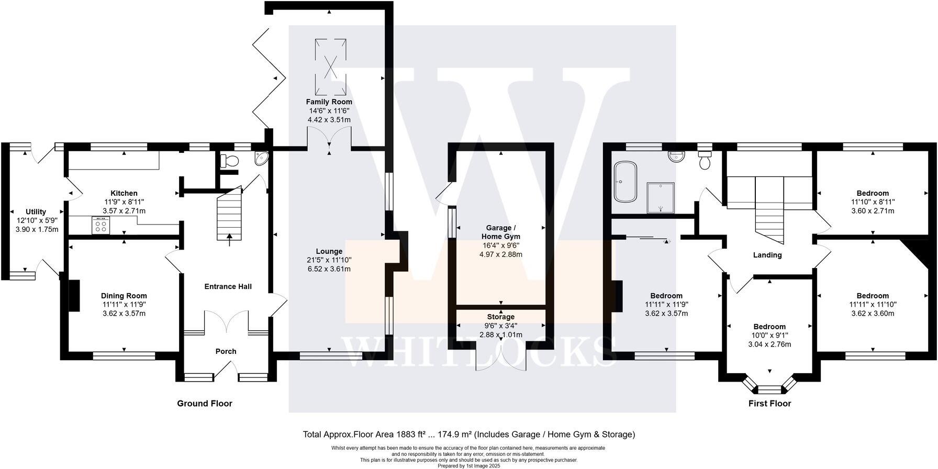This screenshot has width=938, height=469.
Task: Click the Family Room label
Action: [x=329, y=102]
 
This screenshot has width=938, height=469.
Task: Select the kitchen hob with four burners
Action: [x=100, y=225]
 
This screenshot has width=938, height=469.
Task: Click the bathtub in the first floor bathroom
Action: [x=625, y=182]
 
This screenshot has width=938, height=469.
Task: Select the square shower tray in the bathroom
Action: [x=661, y=197]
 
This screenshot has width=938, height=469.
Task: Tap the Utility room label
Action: [x=36, y=211]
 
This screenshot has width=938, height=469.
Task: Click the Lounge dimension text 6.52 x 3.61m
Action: [x=329, y=269]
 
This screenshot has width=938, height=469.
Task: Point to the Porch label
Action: [x=226, y=351]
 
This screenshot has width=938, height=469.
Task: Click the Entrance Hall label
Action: [x=228, y=286]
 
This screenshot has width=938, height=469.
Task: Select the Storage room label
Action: [x=500, y=317]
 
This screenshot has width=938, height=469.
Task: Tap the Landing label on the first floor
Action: [x=767, y=255]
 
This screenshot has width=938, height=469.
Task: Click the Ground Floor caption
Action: [x=204, y=403]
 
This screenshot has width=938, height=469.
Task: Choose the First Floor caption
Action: [x=769, y=403]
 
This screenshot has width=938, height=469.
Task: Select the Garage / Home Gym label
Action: [x=500, y=232]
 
